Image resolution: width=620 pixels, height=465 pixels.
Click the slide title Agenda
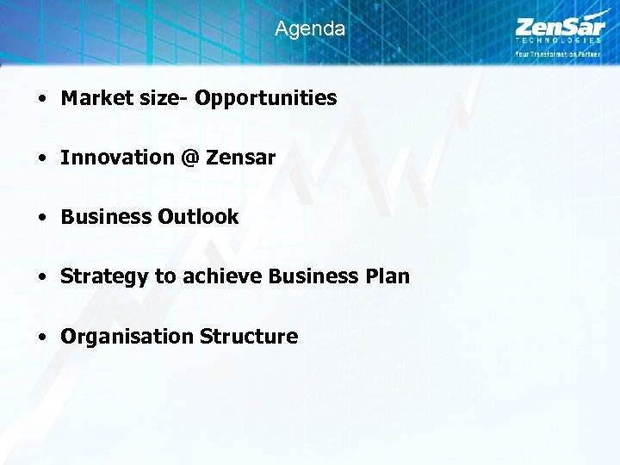click(310, 28)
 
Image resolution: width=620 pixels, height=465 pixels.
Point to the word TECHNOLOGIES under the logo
click(558, 40)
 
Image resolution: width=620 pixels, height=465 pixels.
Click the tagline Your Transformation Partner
click(558, 53)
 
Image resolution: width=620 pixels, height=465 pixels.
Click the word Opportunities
click(266, 98)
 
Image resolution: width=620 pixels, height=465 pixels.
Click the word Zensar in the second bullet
click(240, 158)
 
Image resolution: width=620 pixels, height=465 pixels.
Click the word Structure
click(249, 336)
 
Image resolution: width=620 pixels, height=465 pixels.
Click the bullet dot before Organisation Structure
click(42, 337)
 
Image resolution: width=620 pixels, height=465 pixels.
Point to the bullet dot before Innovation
click(42, 158)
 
